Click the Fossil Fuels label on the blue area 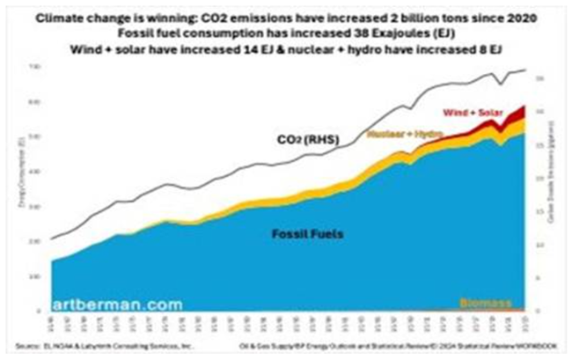[305, 234]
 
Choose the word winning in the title [169, 18]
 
